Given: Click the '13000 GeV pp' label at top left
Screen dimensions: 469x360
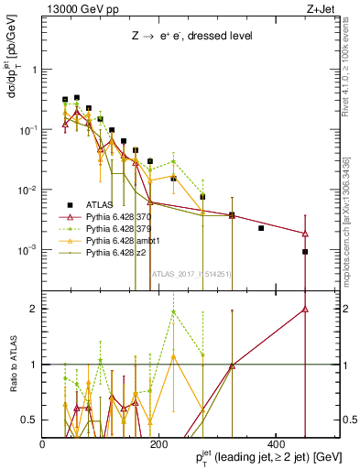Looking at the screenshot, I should pos(73,9).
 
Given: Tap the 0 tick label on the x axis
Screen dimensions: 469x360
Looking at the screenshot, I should pos(43,443).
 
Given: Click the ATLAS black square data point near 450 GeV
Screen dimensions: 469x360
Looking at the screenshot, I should pos(305,252).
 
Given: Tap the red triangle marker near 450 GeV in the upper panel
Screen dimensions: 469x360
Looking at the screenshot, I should pos(305,234).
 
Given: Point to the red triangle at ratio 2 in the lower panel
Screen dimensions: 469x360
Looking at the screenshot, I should pos(305,309).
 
